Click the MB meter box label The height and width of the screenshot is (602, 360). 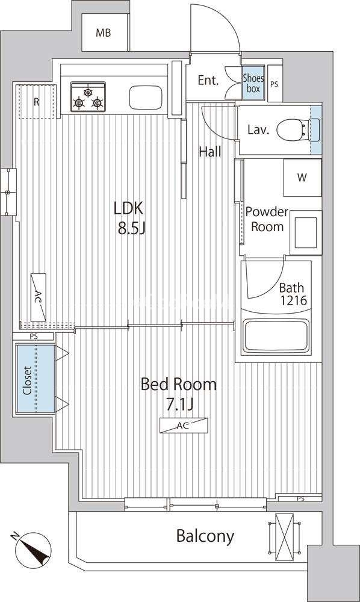(103, 33)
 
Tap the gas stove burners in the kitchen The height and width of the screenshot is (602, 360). (88, 97)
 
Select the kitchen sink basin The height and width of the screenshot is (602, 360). (146, 98)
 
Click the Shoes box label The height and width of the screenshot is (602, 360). (253, 83)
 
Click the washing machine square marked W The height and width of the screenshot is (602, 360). (302, 178)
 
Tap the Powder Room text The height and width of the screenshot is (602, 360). (267, 219)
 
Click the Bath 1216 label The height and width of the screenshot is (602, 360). (293, 294)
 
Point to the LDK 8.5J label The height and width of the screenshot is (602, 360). (129, 218)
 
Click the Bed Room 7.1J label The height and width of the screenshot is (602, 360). (179, 394)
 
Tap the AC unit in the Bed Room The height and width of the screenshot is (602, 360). (184, 426)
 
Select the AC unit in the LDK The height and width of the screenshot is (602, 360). (39, 297)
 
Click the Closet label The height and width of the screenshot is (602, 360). (27, 380)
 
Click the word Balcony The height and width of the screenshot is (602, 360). (205, 536)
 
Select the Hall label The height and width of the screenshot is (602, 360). (210, 152)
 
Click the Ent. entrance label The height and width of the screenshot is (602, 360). (208, 81)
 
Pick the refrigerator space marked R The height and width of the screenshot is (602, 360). (37, 102)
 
